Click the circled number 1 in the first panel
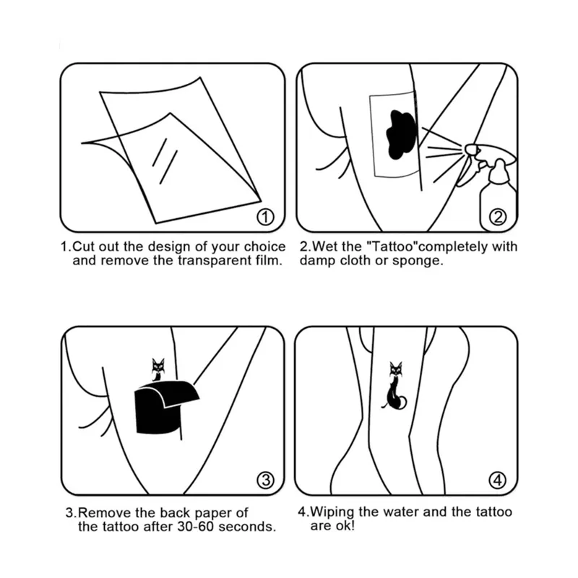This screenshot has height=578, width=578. [x=265, y=217]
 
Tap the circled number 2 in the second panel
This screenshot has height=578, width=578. [x=498, y=217]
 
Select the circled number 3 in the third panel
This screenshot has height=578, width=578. [x=265, y=480]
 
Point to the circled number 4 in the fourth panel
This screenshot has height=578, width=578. [x=498, y=480]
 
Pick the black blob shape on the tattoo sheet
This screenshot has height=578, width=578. [x=401, y=134]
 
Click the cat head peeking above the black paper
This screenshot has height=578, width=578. [x=158, y=367]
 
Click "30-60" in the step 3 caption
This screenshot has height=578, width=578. [x=196, y=527]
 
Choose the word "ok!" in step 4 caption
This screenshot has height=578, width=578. [x=345, y=526]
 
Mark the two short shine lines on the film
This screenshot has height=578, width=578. [x=165, y=161]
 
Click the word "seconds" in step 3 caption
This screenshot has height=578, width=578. [x=246, y=527]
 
